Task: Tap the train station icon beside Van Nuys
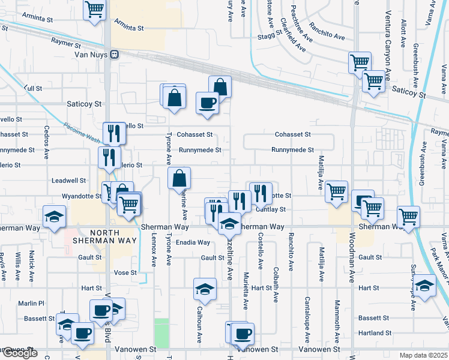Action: point(113,54)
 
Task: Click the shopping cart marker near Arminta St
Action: point(94,10)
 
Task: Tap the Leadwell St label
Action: point(69,180)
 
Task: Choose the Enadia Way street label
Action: point(193,242)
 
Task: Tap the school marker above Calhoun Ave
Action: point(205,289)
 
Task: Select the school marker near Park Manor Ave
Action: point(424,286)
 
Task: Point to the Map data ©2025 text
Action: point(423,355)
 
